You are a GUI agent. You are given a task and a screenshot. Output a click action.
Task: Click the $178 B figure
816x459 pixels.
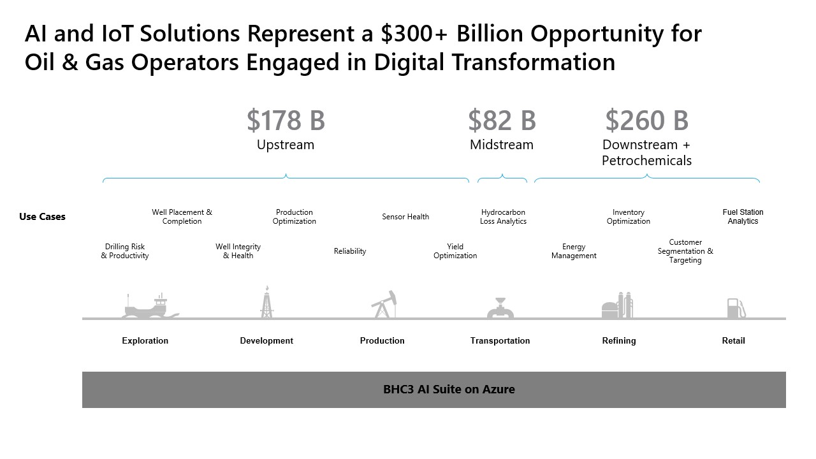tap(286, 120)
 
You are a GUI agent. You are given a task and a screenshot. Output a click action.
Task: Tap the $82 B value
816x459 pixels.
tap(502, 120)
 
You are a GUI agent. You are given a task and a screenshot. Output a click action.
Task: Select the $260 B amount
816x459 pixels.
tap(646, 120)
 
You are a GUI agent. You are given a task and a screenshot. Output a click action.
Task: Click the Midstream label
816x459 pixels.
tap(502, 145)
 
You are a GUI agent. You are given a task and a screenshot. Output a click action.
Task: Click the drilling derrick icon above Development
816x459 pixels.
tap(267, 302)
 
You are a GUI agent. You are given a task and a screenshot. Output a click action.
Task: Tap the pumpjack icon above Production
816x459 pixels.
tap(384, 304)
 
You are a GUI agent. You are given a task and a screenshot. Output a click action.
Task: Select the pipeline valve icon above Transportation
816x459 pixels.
tap(500, 308)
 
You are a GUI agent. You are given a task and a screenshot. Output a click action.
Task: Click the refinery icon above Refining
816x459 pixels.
tap(617, 305)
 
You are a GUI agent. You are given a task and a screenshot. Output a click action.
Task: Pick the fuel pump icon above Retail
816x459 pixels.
tap(736, 308)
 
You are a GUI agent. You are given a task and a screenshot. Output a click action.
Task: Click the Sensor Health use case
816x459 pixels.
tap(405, 217)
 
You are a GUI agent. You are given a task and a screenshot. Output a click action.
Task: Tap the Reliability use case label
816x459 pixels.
tap(350, 251)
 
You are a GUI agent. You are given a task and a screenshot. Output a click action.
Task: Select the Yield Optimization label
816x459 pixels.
tap(455, 251)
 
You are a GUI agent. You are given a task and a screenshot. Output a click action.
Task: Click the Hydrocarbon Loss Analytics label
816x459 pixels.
tap(503, 217)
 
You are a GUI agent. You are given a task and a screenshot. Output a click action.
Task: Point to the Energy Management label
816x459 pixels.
tap(574, 251)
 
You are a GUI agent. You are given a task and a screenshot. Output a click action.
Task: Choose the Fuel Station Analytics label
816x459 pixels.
tap(743, 217)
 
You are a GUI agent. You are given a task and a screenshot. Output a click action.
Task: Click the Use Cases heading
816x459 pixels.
tap(42, 217)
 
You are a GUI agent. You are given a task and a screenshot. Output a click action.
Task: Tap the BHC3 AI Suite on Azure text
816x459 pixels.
tap(449, 390)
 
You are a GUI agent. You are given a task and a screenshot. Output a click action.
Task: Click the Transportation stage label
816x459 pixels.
tap(500, 340)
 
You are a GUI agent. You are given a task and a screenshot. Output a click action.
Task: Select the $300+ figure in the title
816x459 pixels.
tap(414, 34)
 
